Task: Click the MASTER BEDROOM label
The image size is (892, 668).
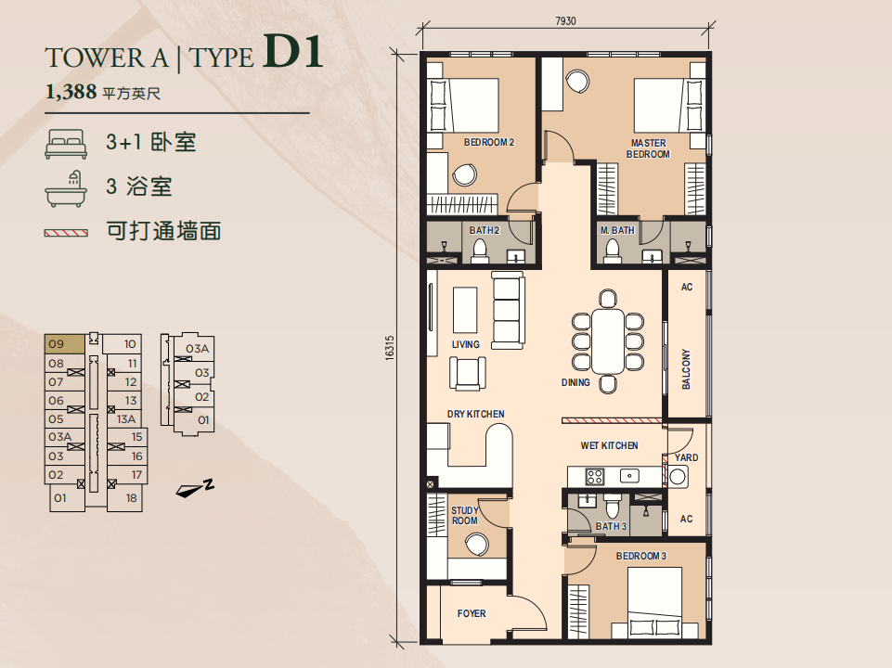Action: tap(648, 149)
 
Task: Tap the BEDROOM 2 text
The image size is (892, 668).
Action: tap(488, 142)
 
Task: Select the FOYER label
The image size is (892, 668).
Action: tap(472, 613)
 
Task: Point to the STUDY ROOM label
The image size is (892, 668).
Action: tap(465, 516)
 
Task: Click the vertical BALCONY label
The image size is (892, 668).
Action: tap(686, 369)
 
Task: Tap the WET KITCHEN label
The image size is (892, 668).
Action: tap(609, 445)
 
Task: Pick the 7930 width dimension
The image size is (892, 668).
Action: tap(565, 21)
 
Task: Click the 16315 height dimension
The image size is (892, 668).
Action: tap(389, 347)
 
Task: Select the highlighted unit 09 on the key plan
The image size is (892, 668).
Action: tap(65, 344)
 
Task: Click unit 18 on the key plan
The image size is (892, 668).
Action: tap(125, 498)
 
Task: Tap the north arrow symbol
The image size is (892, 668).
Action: tap(195, 488)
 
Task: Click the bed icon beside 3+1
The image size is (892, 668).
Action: tap(66, 144)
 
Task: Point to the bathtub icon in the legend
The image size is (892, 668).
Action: tap(66, 188)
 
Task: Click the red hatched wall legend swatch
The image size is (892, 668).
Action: tap(66, 233)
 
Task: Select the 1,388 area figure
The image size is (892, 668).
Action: tap(71, 91)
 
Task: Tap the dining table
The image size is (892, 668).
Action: tap(608, 340)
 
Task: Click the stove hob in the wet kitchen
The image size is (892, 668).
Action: tap(595, 476)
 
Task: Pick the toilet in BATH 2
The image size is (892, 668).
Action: tap(480, 250)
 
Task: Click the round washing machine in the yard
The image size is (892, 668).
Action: tap(678, 476)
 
